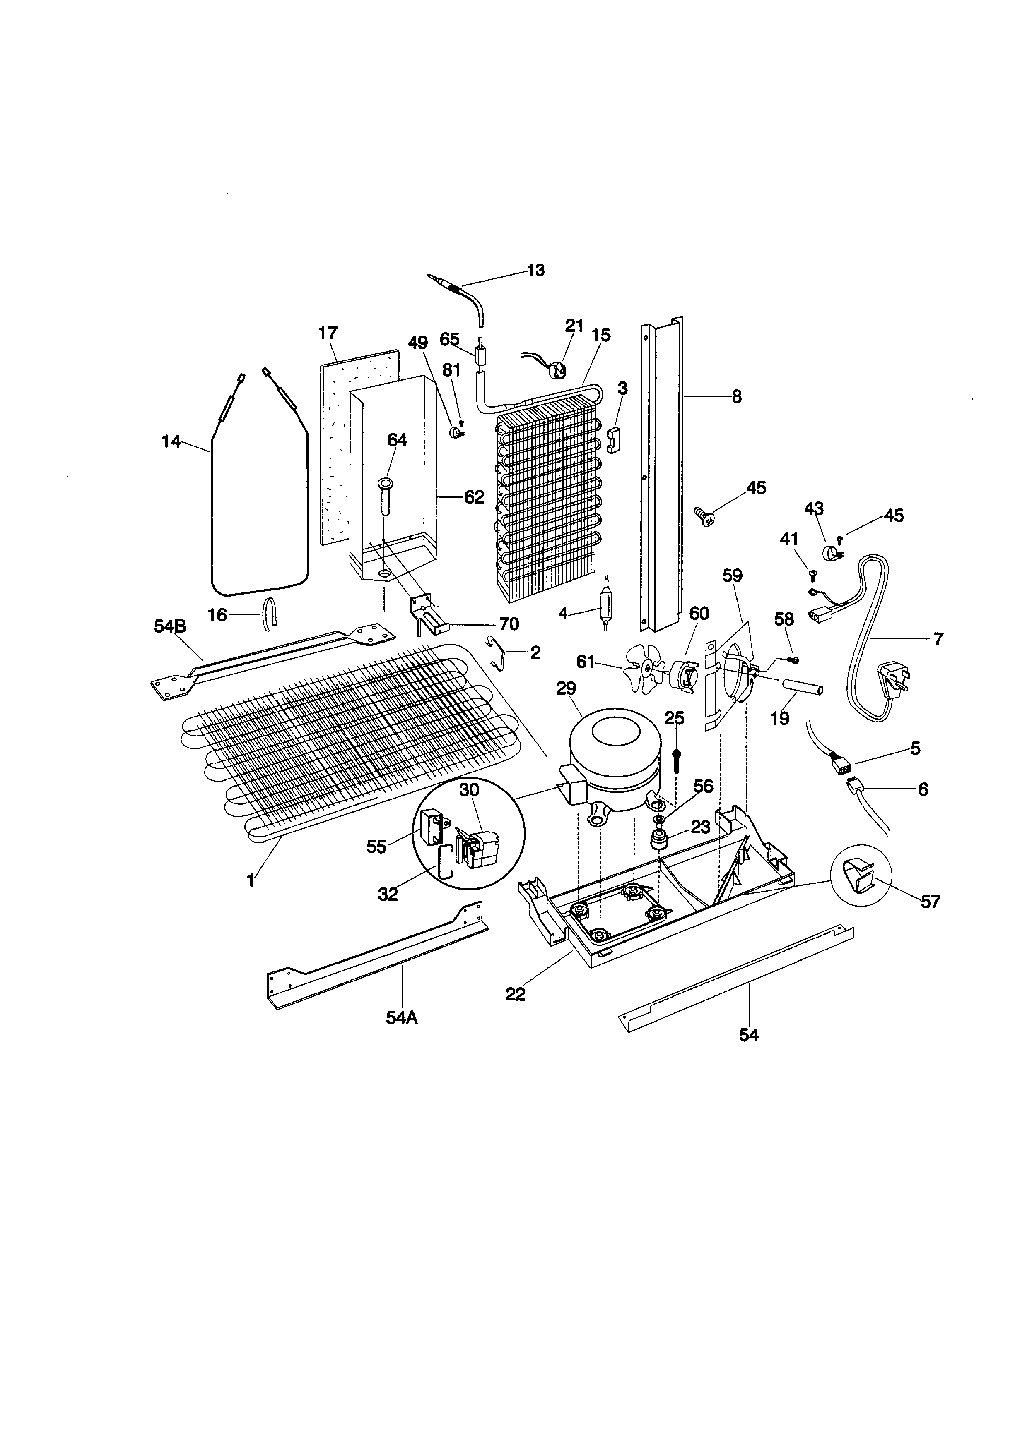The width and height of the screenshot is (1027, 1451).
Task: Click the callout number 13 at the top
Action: [535, 271]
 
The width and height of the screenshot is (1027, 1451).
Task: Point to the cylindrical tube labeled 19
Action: [803, 688]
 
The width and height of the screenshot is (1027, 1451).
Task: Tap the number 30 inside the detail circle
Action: [469, 790]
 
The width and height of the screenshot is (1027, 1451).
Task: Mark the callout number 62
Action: [474, 497]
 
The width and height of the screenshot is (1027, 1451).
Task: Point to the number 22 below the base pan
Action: [516, 994]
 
